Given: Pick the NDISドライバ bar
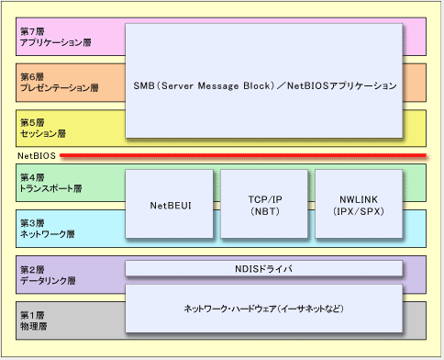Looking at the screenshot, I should coord(263,268).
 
